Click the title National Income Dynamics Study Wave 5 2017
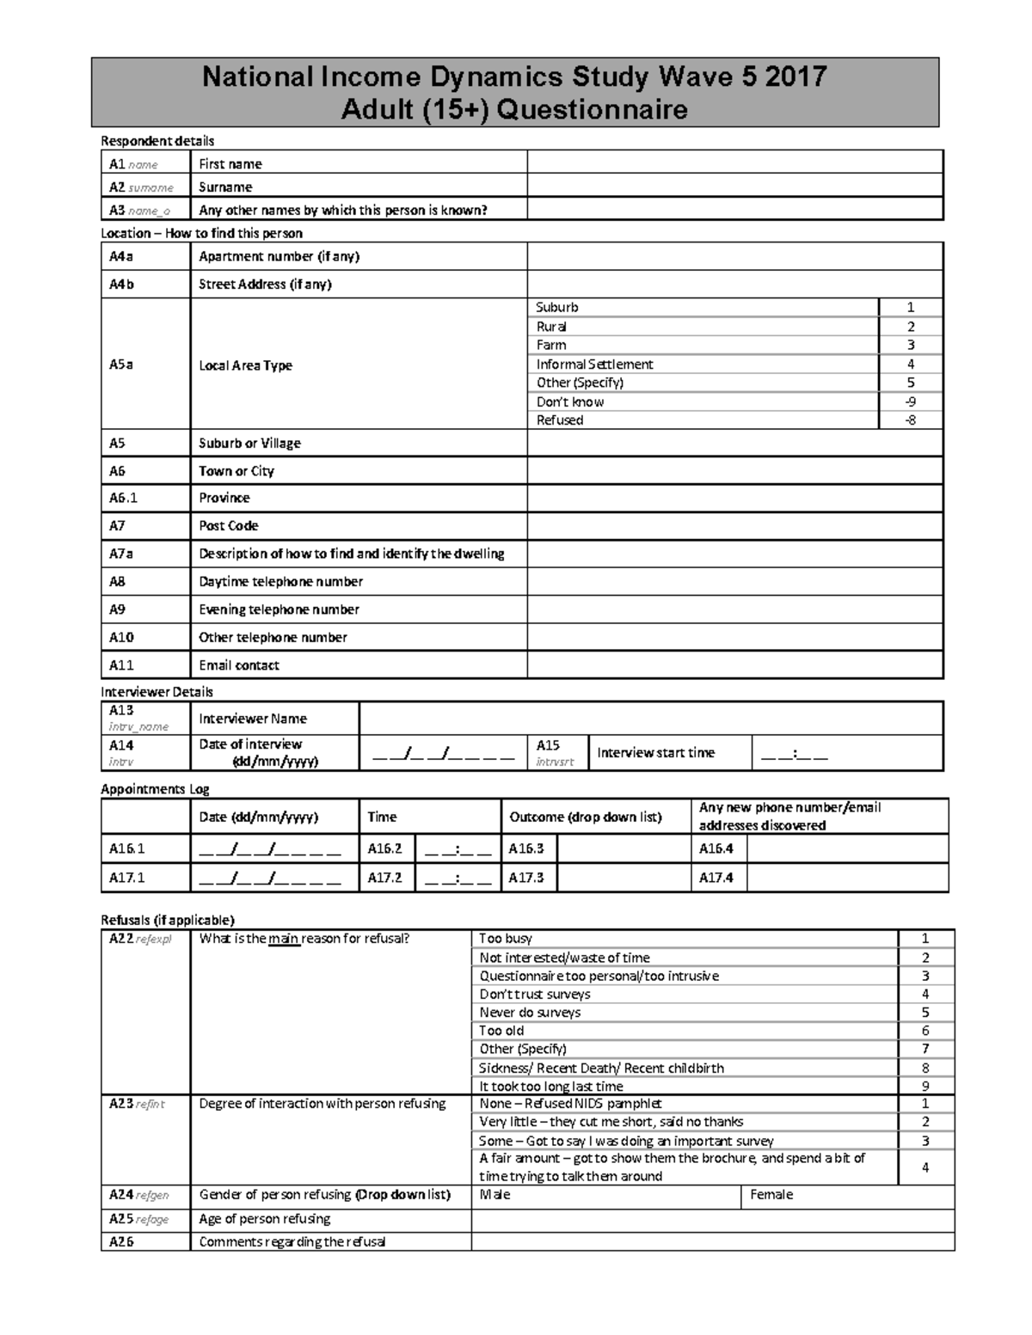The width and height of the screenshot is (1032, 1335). pos(514,77)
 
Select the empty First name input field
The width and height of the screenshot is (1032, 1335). pos(734,162)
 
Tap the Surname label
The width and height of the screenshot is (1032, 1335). pos(225,187)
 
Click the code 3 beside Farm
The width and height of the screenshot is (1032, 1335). pos(911,345)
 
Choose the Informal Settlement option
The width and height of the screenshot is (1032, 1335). pos(594,364)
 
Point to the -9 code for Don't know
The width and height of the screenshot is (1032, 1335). pos(911,401)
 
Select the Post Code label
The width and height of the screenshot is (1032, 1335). pos(229,525)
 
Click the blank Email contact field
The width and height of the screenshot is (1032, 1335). pos(734,664)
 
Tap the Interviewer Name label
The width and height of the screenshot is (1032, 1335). pos(253,719)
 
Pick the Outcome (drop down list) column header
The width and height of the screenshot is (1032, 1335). pos(586,817)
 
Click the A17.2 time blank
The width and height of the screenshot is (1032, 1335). pos(458,878)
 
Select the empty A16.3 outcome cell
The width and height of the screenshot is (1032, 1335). pos(624,848)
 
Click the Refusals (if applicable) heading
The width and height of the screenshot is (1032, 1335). pos(168,919)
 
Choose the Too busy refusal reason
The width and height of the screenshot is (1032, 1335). pos(506,939)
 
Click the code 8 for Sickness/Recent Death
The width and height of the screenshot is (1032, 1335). pos(925,1068)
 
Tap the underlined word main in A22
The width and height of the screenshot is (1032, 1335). pos(283,939)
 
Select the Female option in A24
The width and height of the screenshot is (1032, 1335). pos(771,1194)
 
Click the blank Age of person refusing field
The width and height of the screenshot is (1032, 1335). pos(712,1219)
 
